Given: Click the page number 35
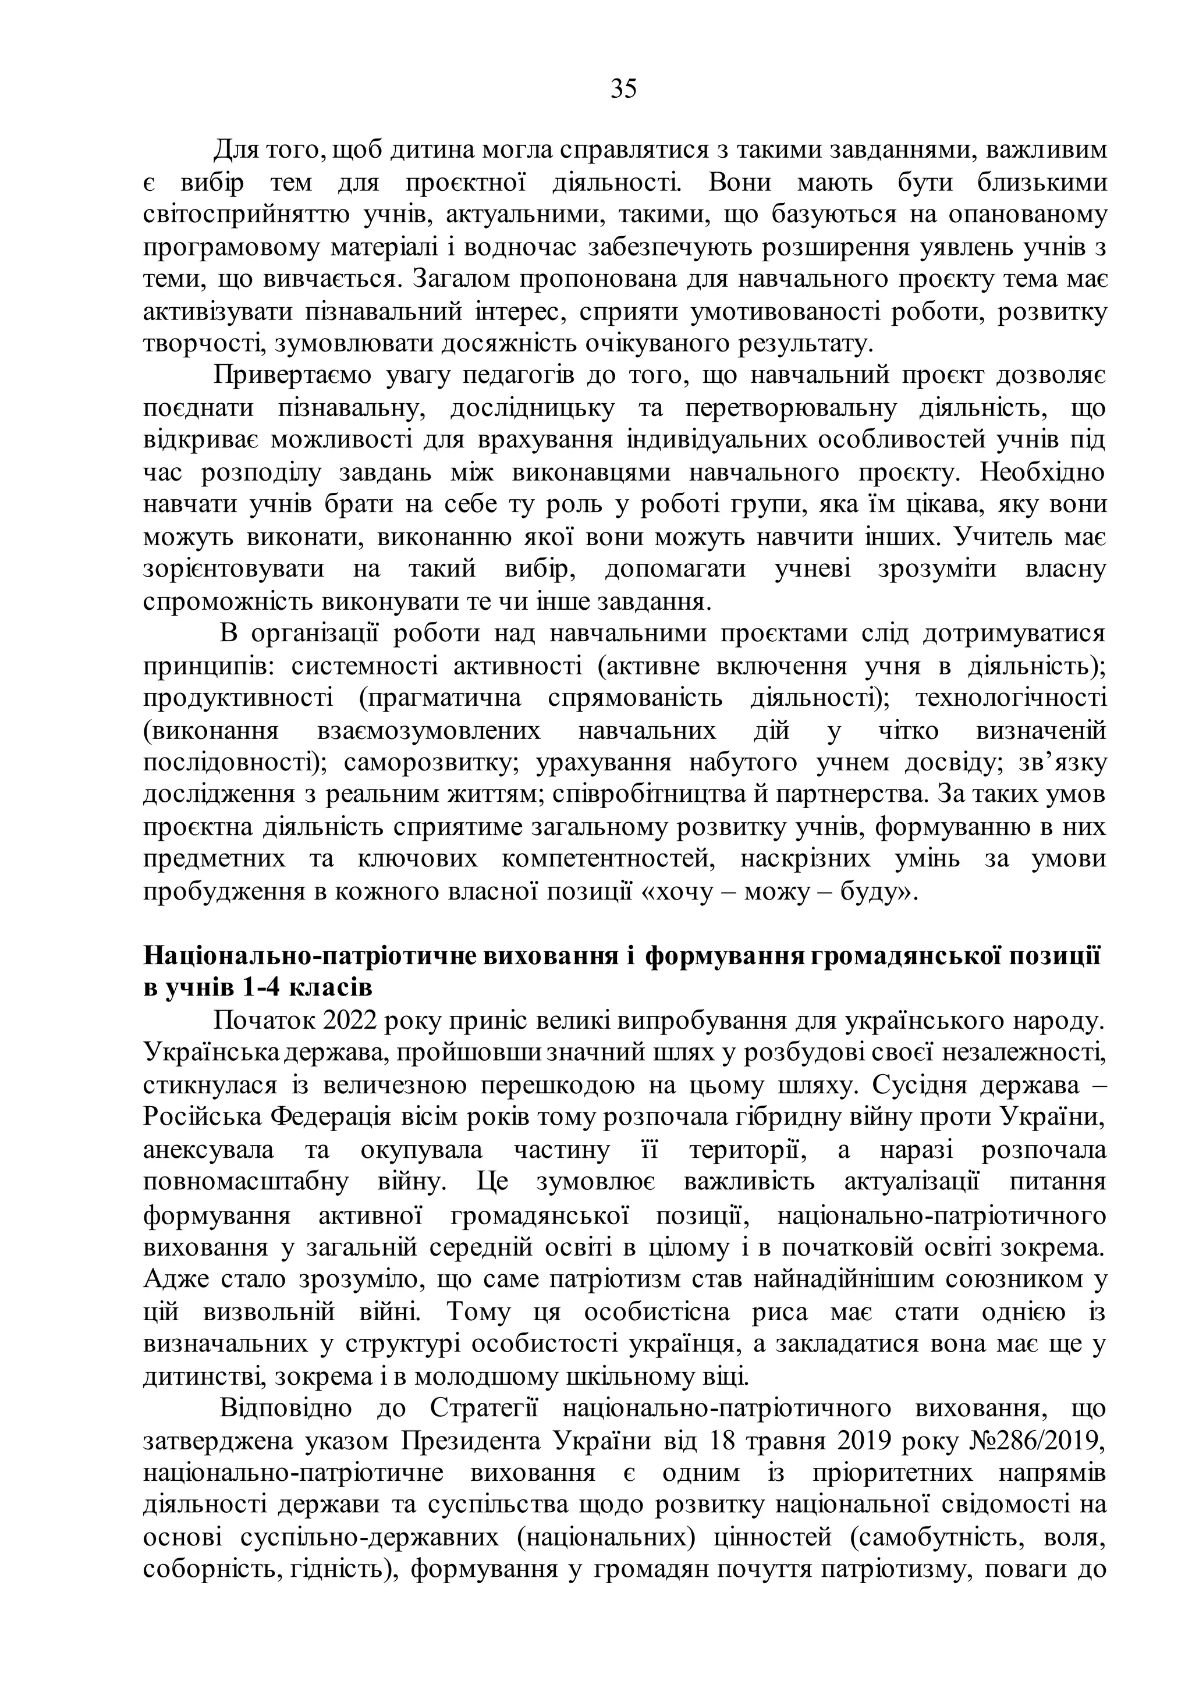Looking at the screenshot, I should point(623,89).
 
